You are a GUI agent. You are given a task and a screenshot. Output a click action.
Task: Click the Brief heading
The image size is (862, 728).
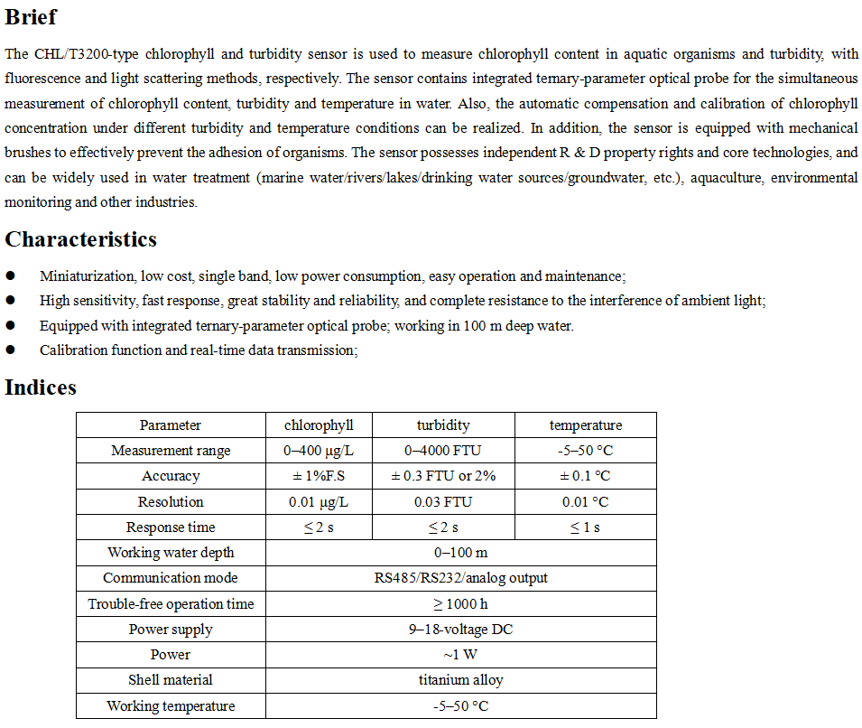tap(31, 16)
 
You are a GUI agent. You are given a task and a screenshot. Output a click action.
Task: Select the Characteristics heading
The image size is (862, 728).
tap(80, 239)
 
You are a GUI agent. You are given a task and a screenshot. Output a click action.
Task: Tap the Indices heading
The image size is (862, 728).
tap(41, 387)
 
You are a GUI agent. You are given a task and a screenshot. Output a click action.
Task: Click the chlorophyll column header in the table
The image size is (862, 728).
tap(319, 425)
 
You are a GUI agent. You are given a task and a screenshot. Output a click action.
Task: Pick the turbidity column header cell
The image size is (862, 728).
tap(443, 425)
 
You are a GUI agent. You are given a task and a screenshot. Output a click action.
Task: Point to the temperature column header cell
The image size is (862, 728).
tap(585, 425)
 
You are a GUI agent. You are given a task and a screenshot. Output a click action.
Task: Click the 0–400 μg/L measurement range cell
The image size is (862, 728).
tap(319, 451)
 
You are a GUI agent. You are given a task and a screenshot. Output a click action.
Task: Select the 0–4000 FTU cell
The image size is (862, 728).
tap(443, 451)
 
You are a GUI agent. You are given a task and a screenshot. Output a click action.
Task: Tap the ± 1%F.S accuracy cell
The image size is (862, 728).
tap(319, 476)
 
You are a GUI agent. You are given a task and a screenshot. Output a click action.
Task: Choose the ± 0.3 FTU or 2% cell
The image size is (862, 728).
tap(443, 476)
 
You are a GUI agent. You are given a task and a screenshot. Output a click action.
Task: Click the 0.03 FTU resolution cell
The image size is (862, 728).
tap(443, 502)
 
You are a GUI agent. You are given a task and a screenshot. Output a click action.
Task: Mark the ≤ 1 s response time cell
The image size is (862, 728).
tap(585, 527)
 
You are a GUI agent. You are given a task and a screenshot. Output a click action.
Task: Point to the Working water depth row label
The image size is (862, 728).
tap(171, 553)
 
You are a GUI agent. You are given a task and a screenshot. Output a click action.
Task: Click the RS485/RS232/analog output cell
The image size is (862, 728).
tap(460, 578)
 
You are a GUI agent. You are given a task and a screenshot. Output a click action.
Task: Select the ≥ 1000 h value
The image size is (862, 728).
tap(460, 604)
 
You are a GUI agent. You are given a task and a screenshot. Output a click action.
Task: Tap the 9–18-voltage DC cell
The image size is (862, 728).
tap(460, 630)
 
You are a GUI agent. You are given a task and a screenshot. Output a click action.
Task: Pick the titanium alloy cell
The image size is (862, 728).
tap(460, 680)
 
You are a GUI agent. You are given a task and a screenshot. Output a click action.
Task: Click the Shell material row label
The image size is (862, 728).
tap(171, 680)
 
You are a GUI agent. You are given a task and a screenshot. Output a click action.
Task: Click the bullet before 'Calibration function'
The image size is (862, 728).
tap(10, 350)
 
